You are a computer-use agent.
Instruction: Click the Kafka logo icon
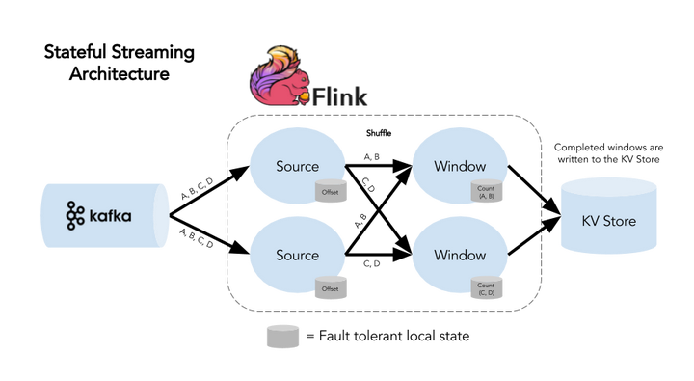click(x=76, y=216)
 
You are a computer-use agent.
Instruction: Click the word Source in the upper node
click(x=297, y=166)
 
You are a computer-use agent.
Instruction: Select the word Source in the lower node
click(x=297, y=255)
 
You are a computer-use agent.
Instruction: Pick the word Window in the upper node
click(x=459, y=166)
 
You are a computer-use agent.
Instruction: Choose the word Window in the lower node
click(x=459, y=255)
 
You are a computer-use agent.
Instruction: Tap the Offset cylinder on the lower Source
click(x=332, y=286)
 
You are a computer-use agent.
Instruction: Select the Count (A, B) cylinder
click(x=485, y=191)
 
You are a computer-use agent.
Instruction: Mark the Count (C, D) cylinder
click(x=485, y=286)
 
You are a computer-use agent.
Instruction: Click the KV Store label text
click(x=608, y=222)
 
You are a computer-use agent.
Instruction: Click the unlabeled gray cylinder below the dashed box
click(x=281, y=337)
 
